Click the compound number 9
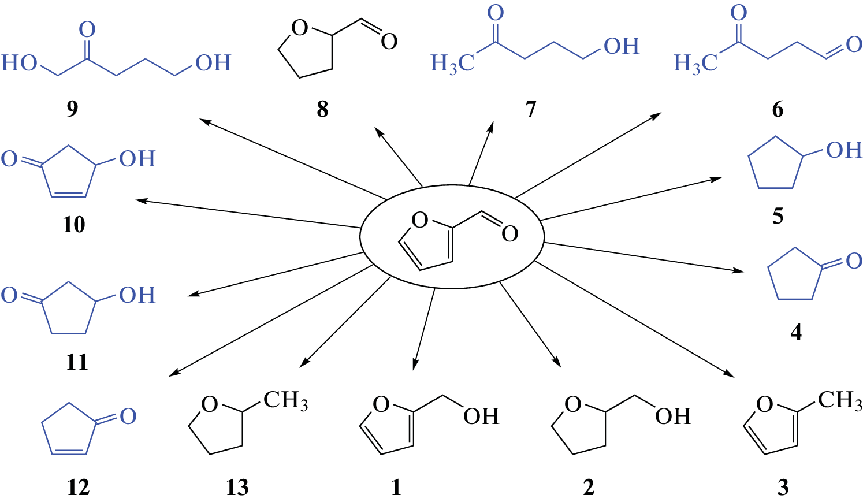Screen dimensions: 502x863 (x=72, y=109)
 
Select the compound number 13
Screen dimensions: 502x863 (x=237, y=488)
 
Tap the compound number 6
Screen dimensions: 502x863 (x=778, y=109)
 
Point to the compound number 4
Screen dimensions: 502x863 (x=795, y=332)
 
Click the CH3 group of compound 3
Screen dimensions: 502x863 (x=840, y=400)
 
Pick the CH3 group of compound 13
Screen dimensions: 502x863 (x=285, y=400)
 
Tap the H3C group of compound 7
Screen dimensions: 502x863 (x=452, y=62)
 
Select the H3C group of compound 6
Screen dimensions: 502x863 (x=695, y=62)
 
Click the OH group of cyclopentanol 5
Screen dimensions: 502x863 (x=844, y=150)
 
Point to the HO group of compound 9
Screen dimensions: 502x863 (x=20, y=62)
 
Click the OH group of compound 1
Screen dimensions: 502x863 (x=481, y=416)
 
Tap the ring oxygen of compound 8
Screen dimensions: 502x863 (x=299, y=28)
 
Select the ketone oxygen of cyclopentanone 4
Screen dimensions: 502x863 (x=854, y=261)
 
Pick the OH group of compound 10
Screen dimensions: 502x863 (x=137, y=159)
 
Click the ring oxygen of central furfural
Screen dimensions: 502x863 (x=420, y=220)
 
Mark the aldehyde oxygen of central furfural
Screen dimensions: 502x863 (x=509, y=233)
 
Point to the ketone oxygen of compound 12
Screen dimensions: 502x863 (x=128, y=416)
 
